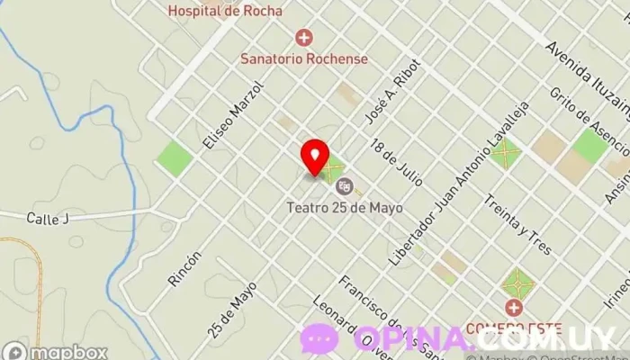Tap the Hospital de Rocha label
tap(226, 12)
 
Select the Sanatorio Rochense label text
tap(304, 58)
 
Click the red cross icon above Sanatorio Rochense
tap(304, 38)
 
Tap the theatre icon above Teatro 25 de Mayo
tap(343, 186)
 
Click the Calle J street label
tap(48, 218)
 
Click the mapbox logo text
tap(66, 352)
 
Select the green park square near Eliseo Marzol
tap(175, 159)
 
